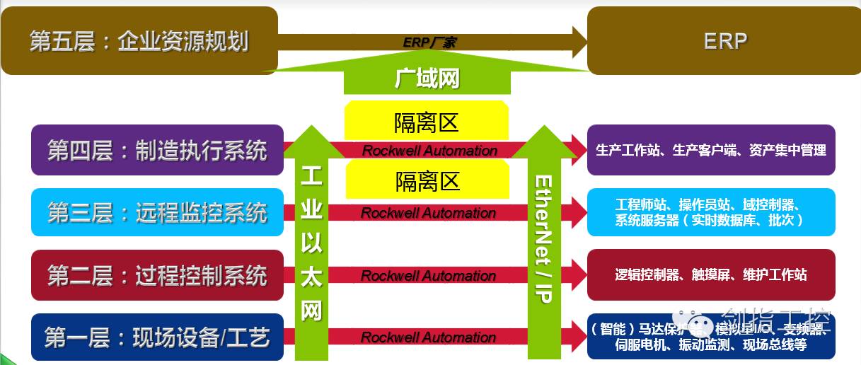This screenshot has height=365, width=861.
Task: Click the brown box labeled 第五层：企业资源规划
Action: coord(139,40)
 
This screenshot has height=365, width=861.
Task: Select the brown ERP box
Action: coord(724,40)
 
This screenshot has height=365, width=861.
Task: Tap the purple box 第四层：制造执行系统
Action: coord(157,151)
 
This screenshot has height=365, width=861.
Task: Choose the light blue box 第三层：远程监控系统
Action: coord(157,212)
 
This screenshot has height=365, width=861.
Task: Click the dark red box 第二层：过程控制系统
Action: coord(157,275)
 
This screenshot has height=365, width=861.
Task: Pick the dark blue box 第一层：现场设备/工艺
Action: coord(157,337)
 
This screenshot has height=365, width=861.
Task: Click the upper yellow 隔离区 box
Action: coord(427,122)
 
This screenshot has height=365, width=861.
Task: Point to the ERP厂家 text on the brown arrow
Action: coord(429,42)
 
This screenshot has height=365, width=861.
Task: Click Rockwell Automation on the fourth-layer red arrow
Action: coord(429,151)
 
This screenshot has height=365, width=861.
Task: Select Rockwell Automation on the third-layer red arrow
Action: coord(429,213)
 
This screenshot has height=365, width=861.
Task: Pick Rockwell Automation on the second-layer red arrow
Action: coord(429,276)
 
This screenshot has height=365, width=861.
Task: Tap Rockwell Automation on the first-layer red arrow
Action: coord(429,337)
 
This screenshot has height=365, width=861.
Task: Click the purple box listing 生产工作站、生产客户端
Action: coord(710,150)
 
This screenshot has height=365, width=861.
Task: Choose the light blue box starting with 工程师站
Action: coord(710,212)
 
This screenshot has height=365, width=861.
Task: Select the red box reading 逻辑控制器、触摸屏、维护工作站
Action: coord(710,275)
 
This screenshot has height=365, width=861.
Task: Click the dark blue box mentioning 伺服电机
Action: coord(710,337)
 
